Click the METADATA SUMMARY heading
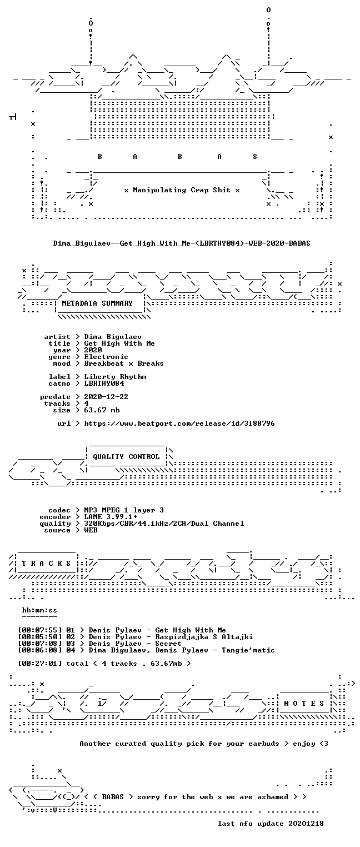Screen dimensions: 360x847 [x=97, y=303]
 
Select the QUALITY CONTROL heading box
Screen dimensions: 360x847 [x=126, y=457]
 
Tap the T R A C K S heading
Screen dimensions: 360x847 [x=47, y=564]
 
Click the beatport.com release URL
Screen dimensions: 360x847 [x=179, y=423]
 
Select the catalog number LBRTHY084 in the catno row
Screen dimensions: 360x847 [x=104, y=383]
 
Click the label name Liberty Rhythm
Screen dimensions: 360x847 [x=115, y=377]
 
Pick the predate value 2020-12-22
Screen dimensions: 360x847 [x=106, y=397]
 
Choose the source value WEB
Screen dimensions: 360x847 [x=91, y=530]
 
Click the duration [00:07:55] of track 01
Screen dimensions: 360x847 [x=39, y=630]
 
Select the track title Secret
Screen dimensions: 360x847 [x=168, y=644]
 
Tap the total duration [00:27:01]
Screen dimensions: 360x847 [x=39, y=664]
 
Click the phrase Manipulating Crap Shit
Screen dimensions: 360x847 [x=182, y=190]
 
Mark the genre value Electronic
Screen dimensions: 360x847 [x=106, y=357]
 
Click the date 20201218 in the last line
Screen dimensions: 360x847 [x=306, y=824]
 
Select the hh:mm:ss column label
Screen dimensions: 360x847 [x=39, y=610]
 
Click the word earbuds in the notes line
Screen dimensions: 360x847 [x=263, y=744]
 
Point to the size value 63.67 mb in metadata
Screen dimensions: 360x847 [x=102, y=410]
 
